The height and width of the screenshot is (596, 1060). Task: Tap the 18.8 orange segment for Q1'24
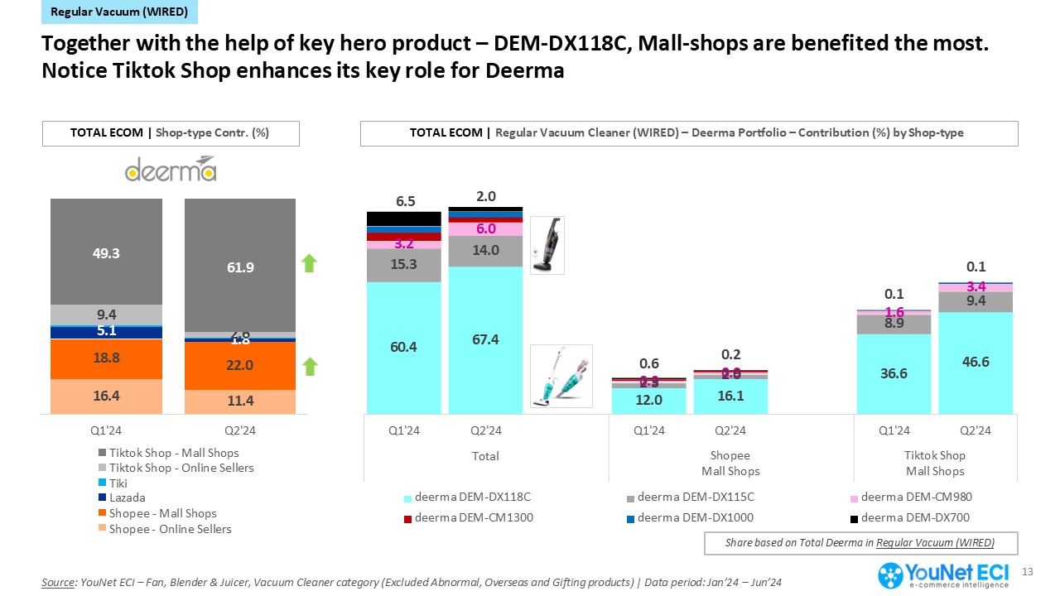tap(106, 358)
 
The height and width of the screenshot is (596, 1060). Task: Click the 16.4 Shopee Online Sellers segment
tap(106, 397)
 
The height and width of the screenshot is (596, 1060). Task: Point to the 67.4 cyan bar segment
tap(485, 339)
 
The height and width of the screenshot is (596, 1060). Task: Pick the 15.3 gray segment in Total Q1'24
tap(404, 265)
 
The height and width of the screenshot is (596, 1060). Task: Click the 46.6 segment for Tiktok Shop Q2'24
tap(975, 363)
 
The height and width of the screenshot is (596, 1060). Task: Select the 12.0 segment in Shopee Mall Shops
tap(648, 400)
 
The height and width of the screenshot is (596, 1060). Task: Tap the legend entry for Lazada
tap(127, 497)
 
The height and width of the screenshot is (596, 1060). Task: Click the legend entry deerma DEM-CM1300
tap(469, 518)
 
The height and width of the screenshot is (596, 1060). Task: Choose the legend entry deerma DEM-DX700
tap(910, 518)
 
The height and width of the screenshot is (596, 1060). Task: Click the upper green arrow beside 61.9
tap(308, 264)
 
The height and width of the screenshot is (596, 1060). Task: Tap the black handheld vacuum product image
tap(547, 245)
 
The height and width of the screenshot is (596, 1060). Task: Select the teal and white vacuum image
tap(561, 377)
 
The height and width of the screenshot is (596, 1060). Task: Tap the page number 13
tap(1029, 572)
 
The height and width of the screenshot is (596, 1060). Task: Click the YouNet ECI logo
tap(947, 575)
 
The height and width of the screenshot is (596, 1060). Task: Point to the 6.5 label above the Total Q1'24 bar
tap(404, 201)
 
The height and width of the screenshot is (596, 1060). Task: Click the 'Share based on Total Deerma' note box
tap(860, 543)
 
